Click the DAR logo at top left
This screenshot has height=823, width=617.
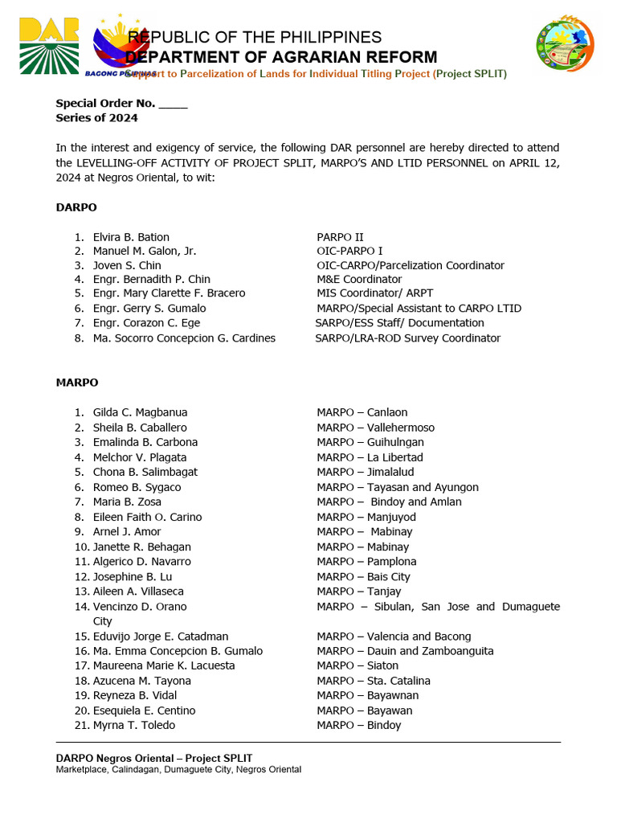(x=49, y=45)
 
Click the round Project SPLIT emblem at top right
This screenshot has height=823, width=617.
(x=565, y=43)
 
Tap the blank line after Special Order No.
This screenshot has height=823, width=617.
(x=173, y=104)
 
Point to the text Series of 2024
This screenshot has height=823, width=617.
(x=96, y=118)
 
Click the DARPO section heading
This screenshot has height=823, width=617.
(x=76, y=207)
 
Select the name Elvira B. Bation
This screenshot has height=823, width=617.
(x=131, y=237)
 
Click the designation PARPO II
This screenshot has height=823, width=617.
(x=340, y=237)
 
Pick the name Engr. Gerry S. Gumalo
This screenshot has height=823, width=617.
(x=149, y=309)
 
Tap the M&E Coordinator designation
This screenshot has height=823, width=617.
(x=359, y=280)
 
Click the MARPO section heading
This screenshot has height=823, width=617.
(x=77, y=383)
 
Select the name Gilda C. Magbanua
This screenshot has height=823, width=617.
(x=140, y=412)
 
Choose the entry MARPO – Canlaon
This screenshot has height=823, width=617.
(x=362, y=412)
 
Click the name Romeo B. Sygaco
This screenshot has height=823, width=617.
(x=137, y=487)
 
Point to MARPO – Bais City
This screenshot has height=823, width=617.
(x=363, y=576)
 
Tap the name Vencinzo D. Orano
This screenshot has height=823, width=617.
(x=139, y=607)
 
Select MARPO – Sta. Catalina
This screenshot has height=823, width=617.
(x=373, y=681)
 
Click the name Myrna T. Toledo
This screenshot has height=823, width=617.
(x=133, y=725)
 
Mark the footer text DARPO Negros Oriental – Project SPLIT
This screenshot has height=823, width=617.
(x=153, y=758)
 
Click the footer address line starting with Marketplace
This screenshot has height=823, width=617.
(x=178, y=770)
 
